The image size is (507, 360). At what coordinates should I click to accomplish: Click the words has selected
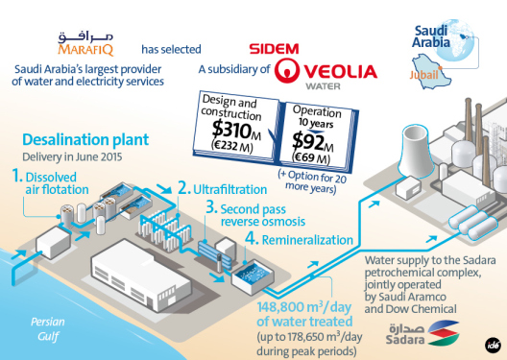(170, 48)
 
